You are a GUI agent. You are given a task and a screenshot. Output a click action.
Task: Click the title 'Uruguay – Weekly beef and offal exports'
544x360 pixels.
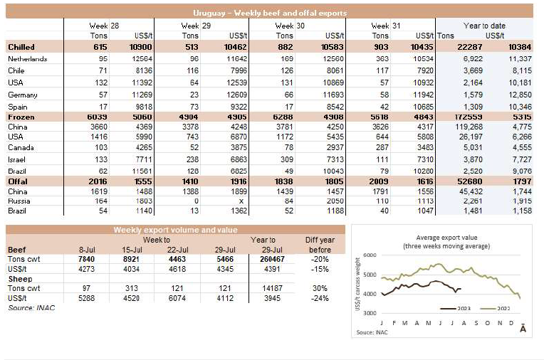click(x=270, y=13)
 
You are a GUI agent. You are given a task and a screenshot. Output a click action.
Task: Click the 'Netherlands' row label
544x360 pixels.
click(x=27, y=58)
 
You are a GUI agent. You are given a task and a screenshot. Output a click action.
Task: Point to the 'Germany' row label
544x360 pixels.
click(x=23, y=95)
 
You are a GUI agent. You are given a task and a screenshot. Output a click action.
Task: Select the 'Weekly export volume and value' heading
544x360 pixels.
click(x=176, y=230)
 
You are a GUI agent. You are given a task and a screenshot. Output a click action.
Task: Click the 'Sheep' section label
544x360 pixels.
click(x=19, y=280)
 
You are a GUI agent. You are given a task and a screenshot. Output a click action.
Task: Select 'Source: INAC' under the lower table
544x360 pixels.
click(x=31, y=307)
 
